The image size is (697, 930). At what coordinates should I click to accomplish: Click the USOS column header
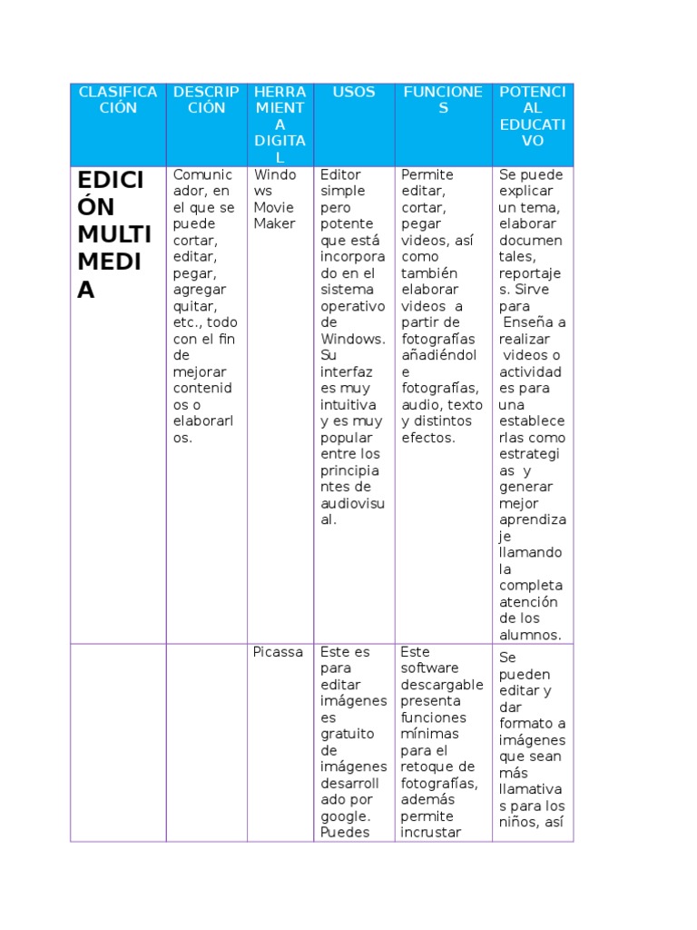353,92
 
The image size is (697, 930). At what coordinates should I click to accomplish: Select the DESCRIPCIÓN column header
206,100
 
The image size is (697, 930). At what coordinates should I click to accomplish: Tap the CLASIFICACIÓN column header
118,100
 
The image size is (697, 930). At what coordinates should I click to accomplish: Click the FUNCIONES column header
443,100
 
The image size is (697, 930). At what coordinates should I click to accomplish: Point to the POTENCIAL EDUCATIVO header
533,116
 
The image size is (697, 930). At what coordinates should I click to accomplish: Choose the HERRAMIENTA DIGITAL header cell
280,124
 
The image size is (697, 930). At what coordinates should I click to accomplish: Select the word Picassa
278,652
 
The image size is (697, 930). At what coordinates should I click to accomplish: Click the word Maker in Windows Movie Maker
274,223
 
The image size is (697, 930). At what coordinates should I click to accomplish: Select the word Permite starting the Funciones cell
427,174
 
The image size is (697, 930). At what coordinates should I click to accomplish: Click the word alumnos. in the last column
530,635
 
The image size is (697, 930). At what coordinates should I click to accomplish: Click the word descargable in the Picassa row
442,685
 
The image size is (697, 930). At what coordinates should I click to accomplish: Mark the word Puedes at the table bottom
344,832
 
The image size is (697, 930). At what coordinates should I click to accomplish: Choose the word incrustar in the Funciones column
431,832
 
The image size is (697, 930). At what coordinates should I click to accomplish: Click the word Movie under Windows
273,207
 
